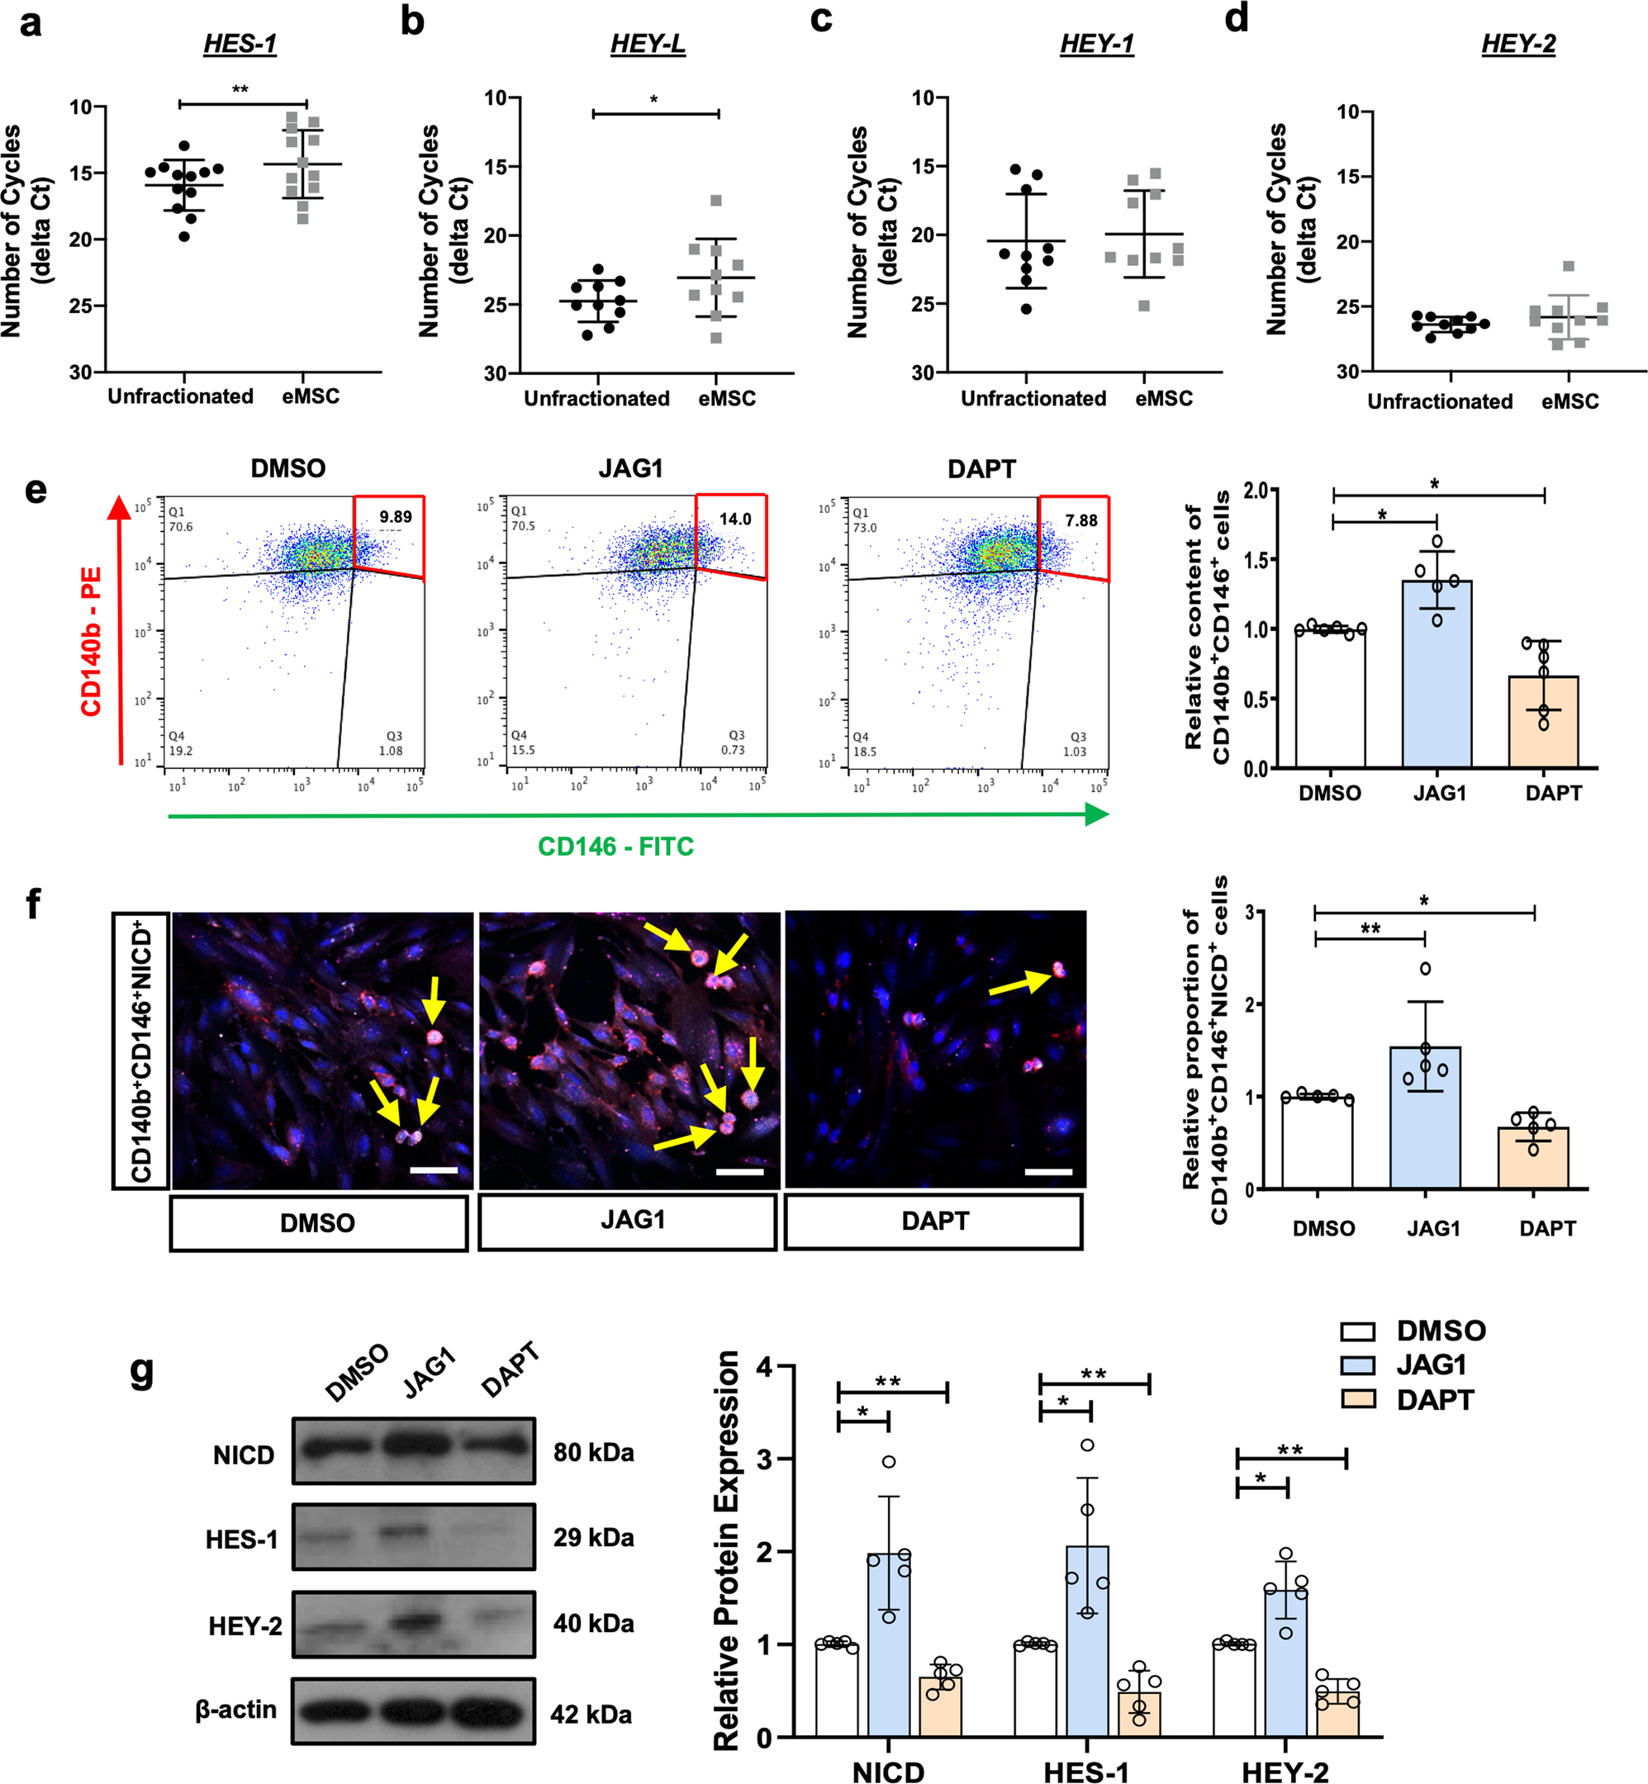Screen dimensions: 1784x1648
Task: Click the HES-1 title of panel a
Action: (240, 44)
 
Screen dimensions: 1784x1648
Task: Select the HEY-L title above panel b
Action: (648, 44)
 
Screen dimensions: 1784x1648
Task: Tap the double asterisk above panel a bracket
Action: (240, 90)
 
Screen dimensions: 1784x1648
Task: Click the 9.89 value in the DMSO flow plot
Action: (395, 517)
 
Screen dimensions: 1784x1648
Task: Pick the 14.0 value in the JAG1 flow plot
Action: (735, 519)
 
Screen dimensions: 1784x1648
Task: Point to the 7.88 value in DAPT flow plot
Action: (1080, 520)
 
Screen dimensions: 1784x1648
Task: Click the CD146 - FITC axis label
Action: (615, 846)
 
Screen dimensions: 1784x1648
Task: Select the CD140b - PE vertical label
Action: (92, 641)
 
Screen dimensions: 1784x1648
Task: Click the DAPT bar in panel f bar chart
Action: (1533, 1158)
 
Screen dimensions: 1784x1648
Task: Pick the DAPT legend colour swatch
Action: (1357, 1400)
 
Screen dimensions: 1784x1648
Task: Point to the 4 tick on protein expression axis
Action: (763, 1366)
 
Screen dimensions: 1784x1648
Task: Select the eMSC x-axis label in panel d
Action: (1570, 401)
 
